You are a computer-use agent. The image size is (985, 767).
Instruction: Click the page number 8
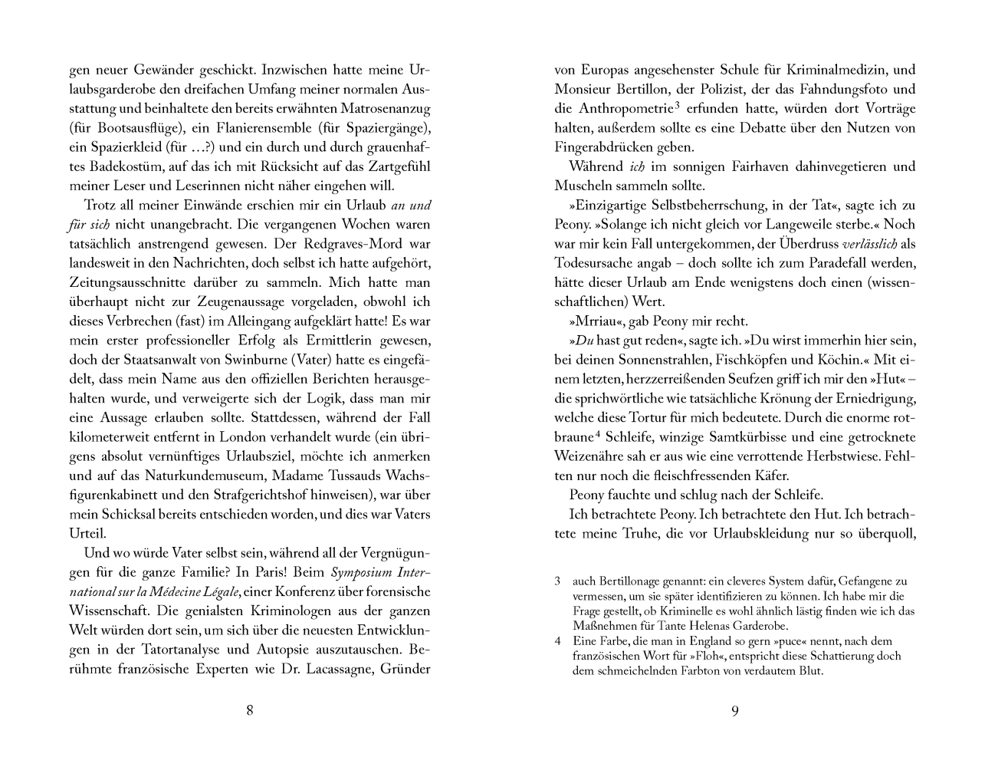click(250, 710)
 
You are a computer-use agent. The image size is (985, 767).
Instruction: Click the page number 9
click(734, 710)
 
